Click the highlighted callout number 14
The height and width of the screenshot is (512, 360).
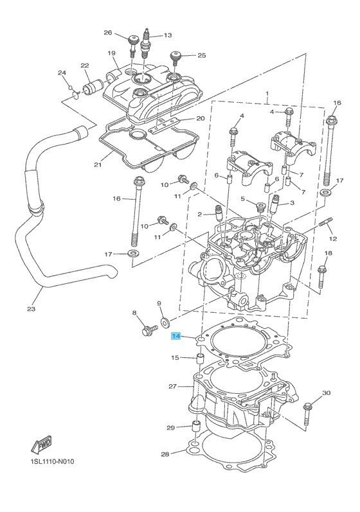[175, 337]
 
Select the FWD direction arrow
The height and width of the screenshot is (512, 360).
[41, 445]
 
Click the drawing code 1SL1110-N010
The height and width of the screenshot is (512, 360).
[52, 461]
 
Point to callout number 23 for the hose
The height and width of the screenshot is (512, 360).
[31, 308]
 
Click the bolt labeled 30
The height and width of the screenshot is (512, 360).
[307, 414]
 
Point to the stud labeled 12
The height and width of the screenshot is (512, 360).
[326, 224]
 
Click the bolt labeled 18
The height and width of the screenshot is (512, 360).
[322, 277]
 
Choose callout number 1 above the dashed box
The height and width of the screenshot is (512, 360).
[267, 94]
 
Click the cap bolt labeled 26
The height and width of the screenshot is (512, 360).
[132, 45]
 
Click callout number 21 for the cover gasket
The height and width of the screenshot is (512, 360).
[98, 165]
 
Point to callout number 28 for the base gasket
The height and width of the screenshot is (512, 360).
[165, 454]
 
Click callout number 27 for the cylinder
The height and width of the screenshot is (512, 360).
[172, 386]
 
